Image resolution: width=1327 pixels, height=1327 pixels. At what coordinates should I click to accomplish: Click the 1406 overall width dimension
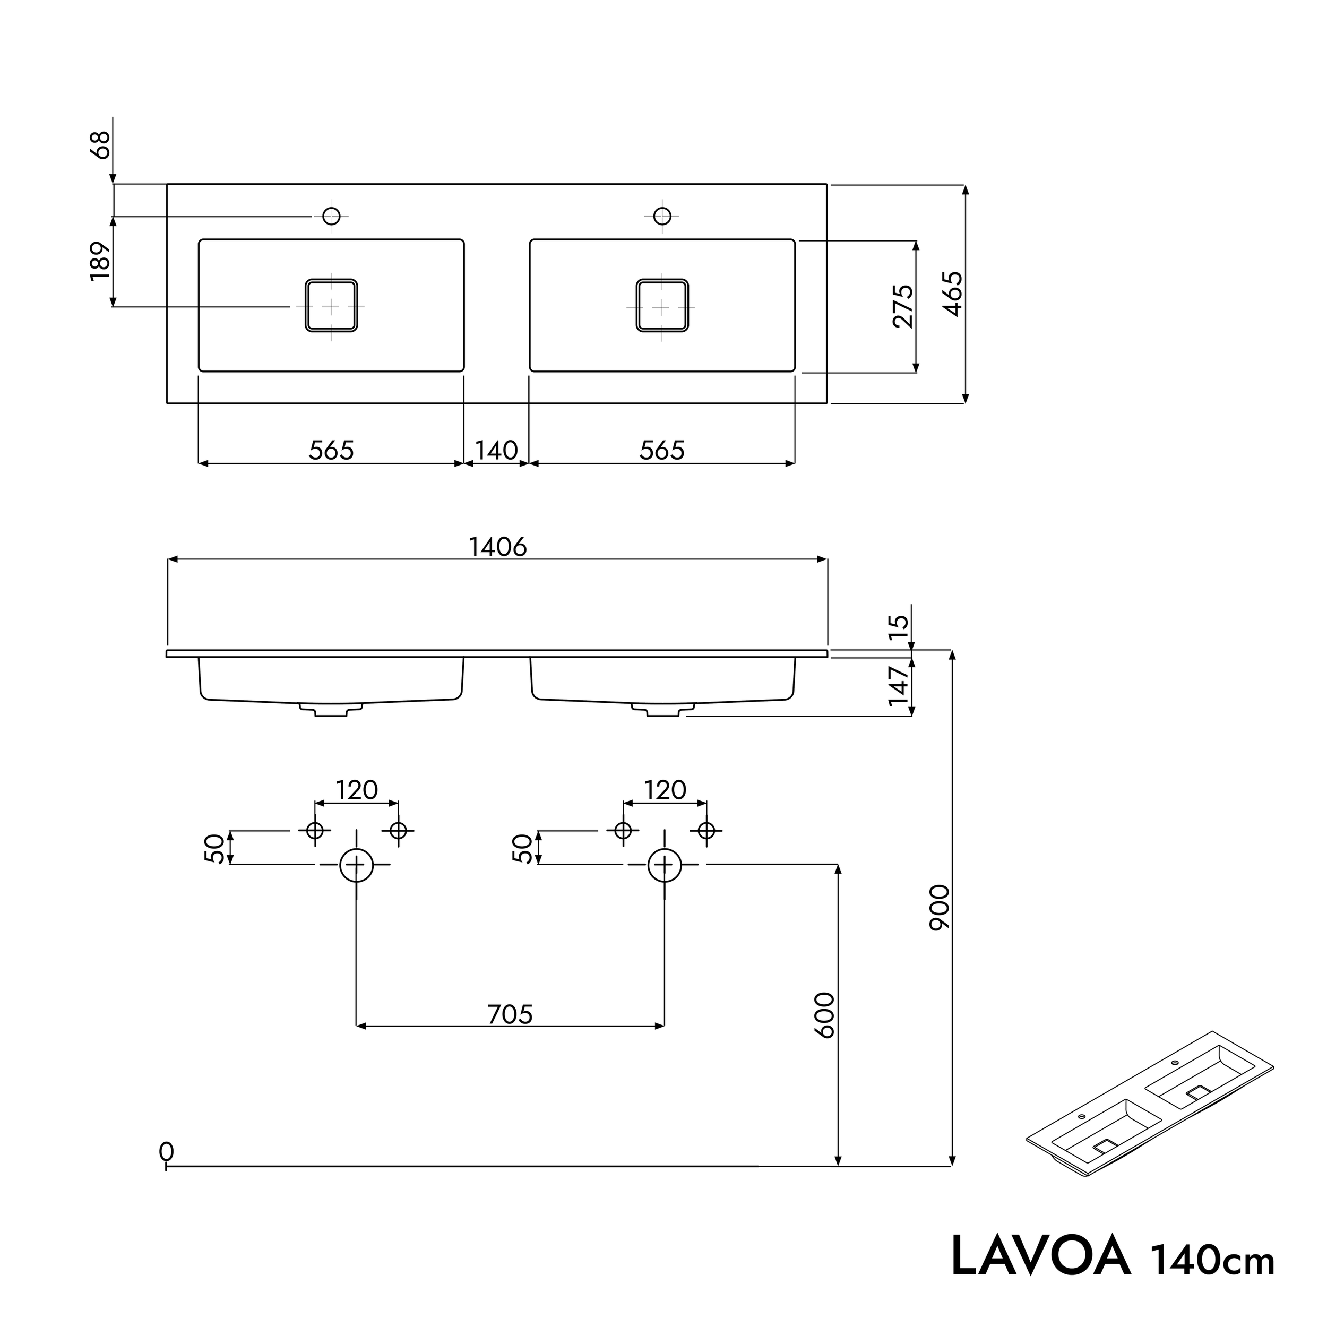coord(497,547)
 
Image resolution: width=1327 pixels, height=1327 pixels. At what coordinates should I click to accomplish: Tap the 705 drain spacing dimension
coord(510,1014)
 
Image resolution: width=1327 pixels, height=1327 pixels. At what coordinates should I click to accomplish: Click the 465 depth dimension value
coord(953,294)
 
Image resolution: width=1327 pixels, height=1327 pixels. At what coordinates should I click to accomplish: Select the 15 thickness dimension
coord(899,627)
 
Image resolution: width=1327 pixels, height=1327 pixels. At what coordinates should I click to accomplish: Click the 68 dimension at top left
coord(101,145)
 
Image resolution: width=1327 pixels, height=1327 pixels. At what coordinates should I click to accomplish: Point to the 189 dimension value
coord(100,261)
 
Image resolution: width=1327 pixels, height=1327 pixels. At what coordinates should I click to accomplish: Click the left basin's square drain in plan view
coord(331,306)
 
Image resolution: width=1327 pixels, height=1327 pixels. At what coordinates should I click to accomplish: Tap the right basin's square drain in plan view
coord(662,306)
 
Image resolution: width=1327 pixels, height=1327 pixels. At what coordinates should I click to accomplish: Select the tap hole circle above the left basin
coord(331,217)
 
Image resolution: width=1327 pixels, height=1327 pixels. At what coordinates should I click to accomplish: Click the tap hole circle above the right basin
coord(662,217)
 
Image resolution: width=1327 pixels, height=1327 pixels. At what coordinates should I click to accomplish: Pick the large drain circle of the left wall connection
coord(357,865)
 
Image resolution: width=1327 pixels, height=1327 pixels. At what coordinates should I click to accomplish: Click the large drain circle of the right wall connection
coord(664,865)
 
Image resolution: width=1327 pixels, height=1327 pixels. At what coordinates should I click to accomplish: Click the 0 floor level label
coord(166,1152)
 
